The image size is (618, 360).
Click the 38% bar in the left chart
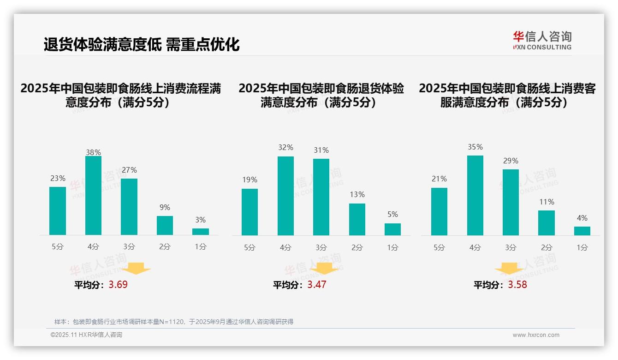click(x=93, y=196)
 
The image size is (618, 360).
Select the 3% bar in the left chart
click(x=201, y=232)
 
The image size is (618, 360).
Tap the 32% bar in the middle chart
click(x=285, y=196)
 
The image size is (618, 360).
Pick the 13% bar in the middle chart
click(x=357, y=219)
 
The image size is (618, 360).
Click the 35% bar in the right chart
click(x=475, y=195)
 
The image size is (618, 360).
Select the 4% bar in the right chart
click(x=582, y=231)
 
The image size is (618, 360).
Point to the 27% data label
click(x=129, y=170)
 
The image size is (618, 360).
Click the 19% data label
click(x=250, y=180)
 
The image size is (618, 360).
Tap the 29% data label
click(x=511, y=161)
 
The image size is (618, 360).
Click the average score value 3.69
click(x=118, y=284)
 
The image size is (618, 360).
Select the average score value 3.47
click(x=317, y=284)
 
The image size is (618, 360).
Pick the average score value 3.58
click(x=517, y=284)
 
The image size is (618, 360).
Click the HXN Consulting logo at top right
click(x=542, y=40)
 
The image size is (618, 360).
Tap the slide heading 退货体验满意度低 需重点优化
click(x=142, y=45)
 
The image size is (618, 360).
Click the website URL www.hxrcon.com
click(x=536, y=335)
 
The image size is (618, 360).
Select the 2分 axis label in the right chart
click(x=547, y=247)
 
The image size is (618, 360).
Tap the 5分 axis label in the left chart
click(x=58, y=246)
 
